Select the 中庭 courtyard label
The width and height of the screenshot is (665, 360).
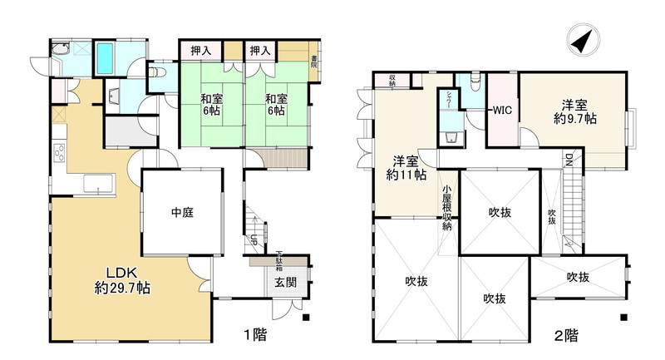(x=181, y=213)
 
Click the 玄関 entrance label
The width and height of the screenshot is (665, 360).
(x=285, y=283)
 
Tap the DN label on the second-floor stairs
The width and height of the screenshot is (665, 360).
(x=569, y=159)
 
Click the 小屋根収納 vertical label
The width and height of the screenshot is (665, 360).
(x=447, y=209)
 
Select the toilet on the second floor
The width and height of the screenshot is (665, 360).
(x=473, y=81)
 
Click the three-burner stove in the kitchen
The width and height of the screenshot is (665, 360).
(x=59, y=153)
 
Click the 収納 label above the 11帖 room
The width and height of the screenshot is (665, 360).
(x=391, y=81)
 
